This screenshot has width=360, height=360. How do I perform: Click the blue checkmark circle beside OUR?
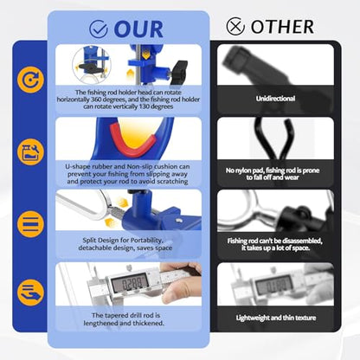(x=99, y=29)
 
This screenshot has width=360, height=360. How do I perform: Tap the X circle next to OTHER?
(x=235, y=26)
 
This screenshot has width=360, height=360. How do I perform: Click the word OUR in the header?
(x=138, y=29)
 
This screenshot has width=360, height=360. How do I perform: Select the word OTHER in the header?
(x=282, y=27)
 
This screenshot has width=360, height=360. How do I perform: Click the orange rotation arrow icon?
(x=30, y=80)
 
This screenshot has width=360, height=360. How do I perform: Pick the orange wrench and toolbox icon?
(x=30, y=152)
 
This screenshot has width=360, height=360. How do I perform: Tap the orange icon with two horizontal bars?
(x=30, y=224)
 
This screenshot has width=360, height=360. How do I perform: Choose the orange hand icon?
(x=30, y=292)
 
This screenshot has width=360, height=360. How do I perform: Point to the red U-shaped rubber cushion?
(x=132, y=139)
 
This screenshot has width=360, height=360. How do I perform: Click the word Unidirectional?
(x=275, y=99)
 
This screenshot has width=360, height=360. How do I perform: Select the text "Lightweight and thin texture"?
(x=276, y=318)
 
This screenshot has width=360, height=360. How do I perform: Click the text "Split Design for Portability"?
(x=123, y=240)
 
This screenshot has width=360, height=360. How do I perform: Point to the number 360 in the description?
(x=96, y=100)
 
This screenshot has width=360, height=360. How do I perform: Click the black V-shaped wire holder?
(x=273, y=139)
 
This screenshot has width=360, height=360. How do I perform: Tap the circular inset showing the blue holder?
(x=91, y=65)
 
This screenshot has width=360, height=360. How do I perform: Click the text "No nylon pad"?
(x=244, y=170)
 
